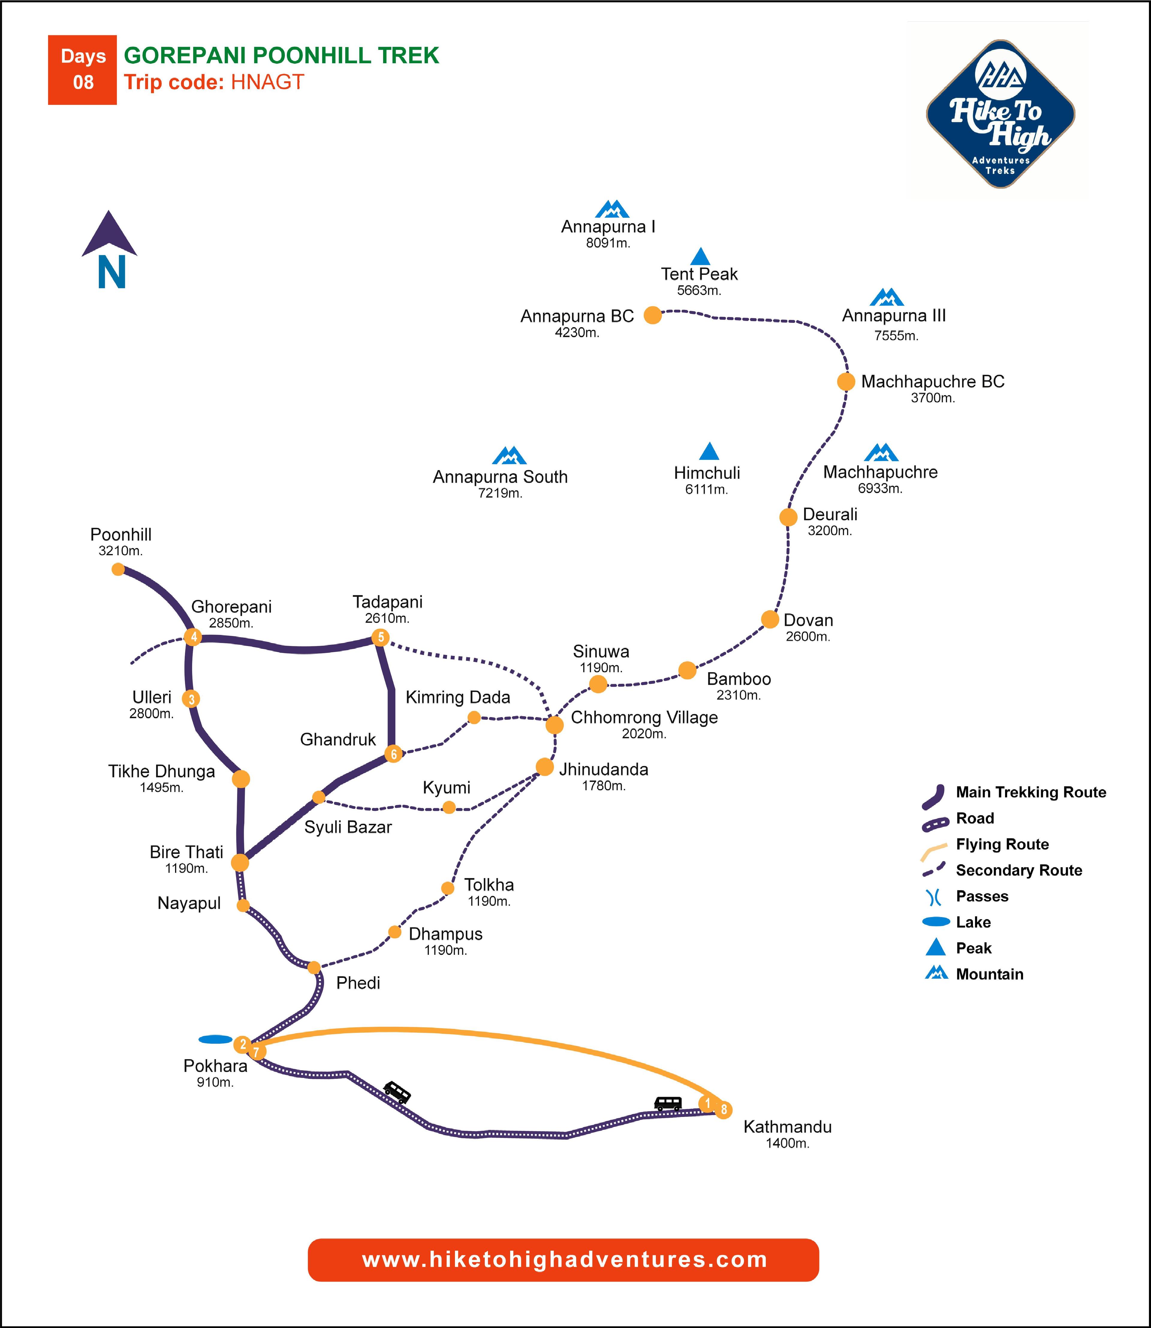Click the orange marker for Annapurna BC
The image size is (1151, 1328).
coord(653,315)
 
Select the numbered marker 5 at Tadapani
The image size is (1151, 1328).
coord(380,637)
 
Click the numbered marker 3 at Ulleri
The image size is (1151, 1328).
coord(191,698)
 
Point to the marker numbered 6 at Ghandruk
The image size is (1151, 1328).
coord(394,754)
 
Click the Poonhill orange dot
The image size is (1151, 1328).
coord(118,569)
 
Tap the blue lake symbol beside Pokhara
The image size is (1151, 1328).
coord(215,1039)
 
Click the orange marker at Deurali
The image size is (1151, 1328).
coord(788,517)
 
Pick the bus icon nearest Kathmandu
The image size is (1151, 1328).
coord(668,1103)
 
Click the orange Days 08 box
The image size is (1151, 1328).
coord(82,69)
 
